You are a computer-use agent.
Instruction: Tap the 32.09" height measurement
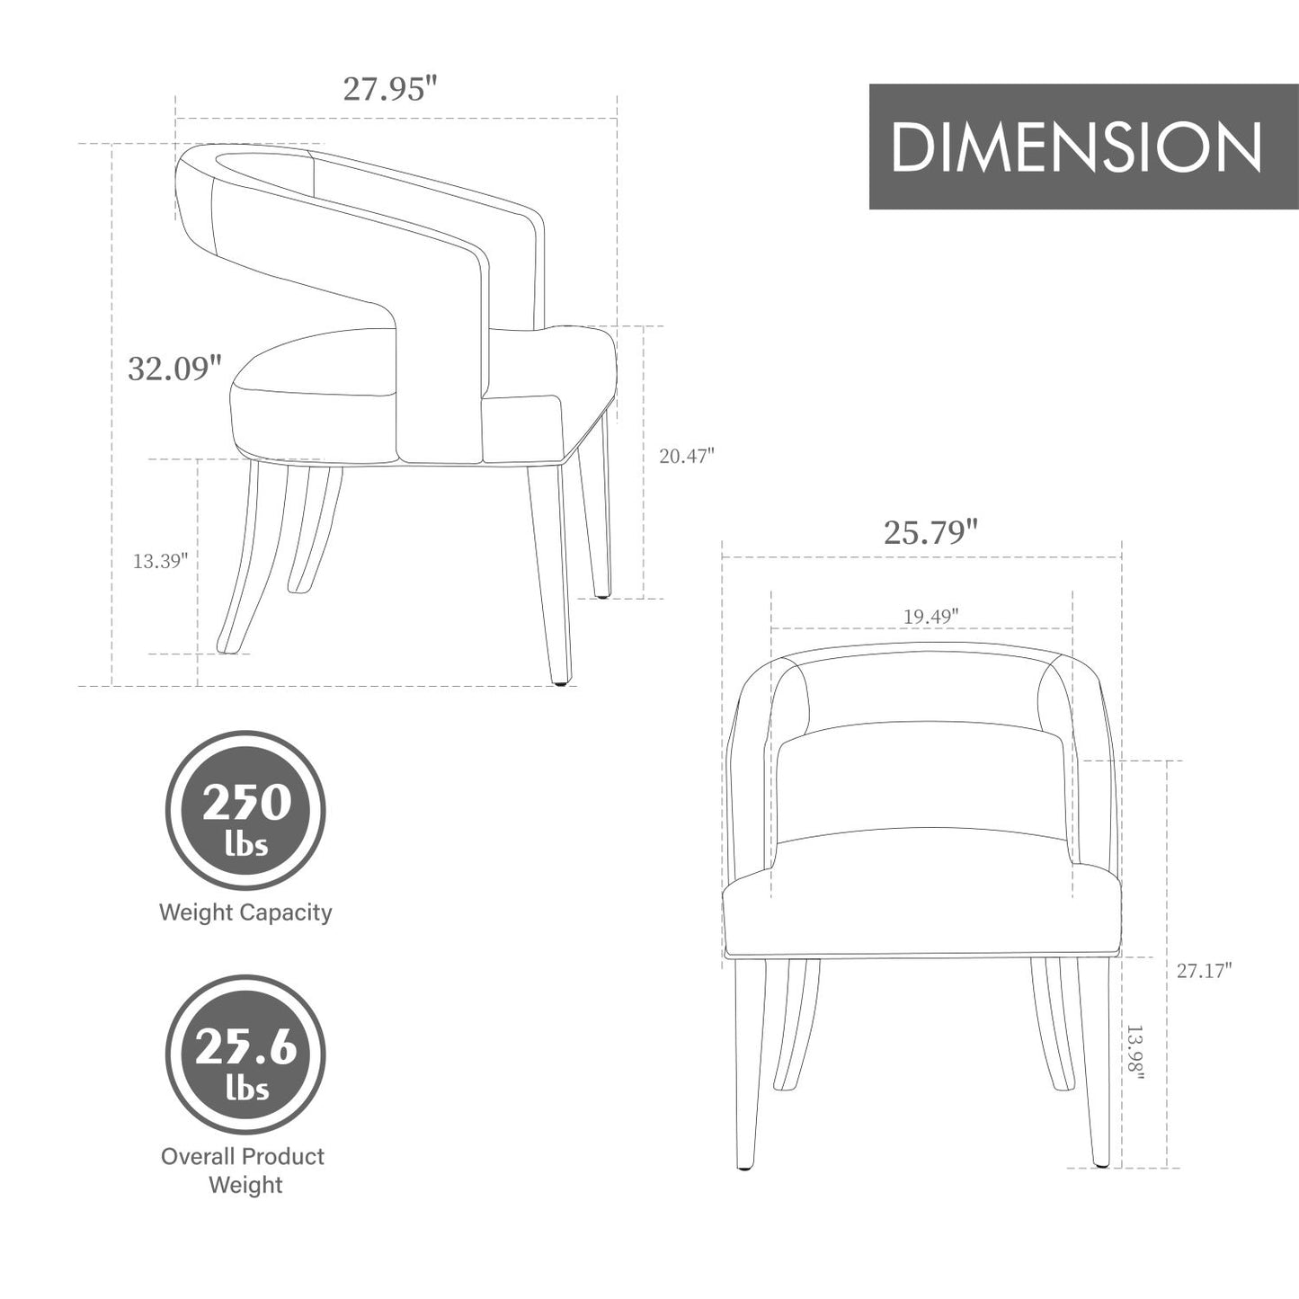(174, 368)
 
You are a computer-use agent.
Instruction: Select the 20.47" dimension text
(686, 457)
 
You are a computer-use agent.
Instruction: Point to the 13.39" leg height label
(160, 560)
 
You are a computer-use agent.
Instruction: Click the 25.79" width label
(930, 532)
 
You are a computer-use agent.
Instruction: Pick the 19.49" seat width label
(931, 616)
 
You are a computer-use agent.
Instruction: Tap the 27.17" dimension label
(1205, 971)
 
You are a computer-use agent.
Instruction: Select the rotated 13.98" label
(1135, 1063)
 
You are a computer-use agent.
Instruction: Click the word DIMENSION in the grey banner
(1077, 147)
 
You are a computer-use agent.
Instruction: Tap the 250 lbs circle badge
(245, 810)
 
